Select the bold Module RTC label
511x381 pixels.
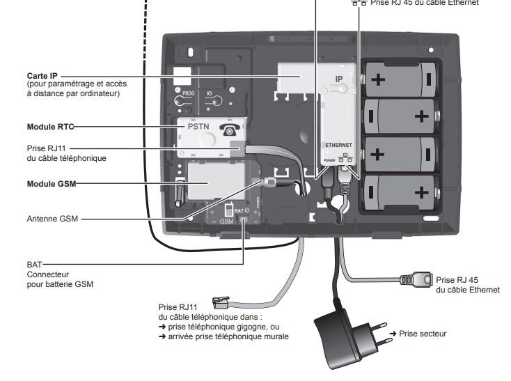pyautogui.click(x=49, y=127)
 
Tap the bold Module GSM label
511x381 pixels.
pyautogui.click(x=50, y=184)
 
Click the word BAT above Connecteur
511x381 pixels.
pyautogui.click(x=34, y=265)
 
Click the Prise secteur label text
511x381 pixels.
pyautogui.click(x=423, y=334)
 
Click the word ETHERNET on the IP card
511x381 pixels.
pyautogui.click(x=340, y=143)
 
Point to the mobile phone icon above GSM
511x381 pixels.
pyautogui.click(x=228, y=208)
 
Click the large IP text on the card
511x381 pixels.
pyautogui.click(x=340, y=80)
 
